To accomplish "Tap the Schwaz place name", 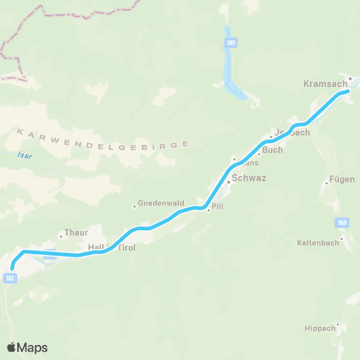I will [x=249, y=178].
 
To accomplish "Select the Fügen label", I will [x=341, y=180].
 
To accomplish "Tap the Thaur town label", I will [x=76, y=233].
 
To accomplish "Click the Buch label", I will [x=273, y=150].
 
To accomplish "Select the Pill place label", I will [x=218, y=206].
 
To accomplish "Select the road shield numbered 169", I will [x=342, y=223].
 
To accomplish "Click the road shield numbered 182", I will [x=10, y=277].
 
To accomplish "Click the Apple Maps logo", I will [x=27, y=347].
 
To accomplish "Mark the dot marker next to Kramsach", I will [x=349, y=77].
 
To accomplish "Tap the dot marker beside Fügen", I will [x=325, y=183].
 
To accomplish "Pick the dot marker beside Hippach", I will [x=338, y=325].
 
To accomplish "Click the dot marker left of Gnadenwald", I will [x=135, y=206].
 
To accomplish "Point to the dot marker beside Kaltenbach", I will [x=341, y=239].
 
